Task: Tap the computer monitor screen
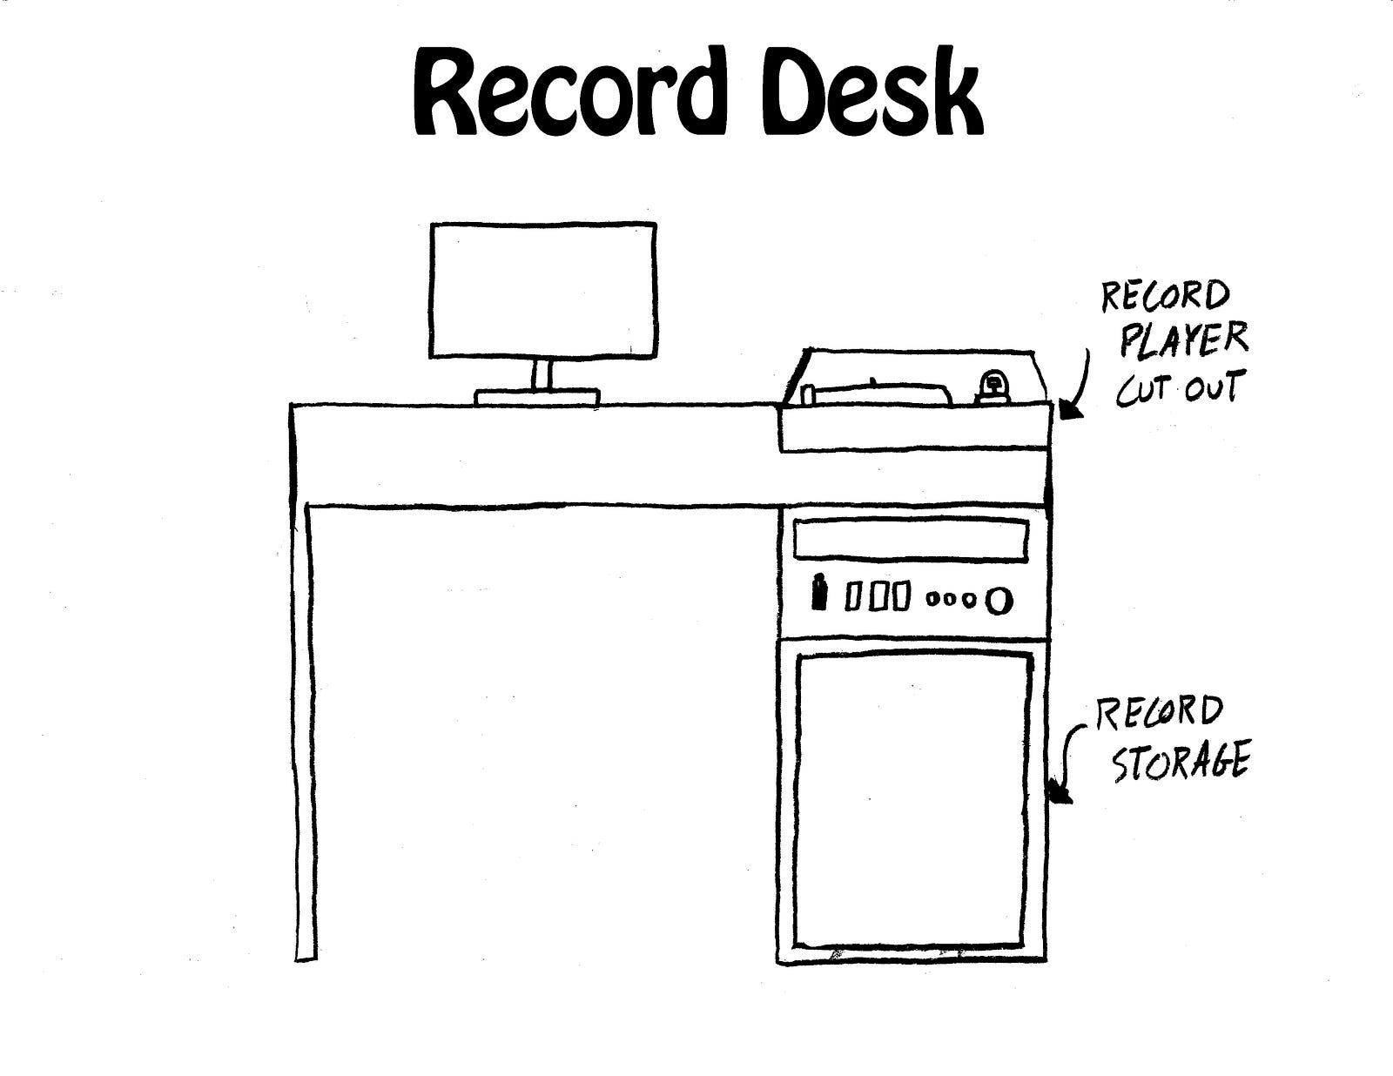[543, 290]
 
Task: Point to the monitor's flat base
[537, 397]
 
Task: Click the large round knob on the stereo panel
[999, 599]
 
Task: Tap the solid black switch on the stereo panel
[818, 594]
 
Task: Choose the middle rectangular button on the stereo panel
[878, 597]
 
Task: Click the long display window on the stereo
[911, 540]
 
